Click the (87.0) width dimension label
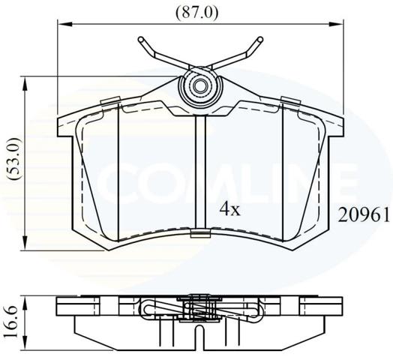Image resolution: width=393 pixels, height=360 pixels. (196, 13)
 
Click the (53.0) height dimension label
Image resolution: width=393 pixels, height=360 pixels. (13, 158)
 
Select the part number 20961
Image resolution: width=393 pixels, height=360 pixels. (364, 215)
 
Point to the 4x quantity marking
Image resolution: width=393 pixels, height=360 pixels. (229, 209)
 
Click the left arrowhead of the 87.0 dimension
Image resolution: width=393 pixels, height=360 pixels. (65, 24)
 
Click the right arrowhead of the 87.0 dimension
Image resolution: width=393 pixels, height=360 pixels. (336, 24)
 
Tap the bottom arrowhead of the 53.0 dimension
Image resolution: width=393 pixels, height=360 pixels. (25, 242)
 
